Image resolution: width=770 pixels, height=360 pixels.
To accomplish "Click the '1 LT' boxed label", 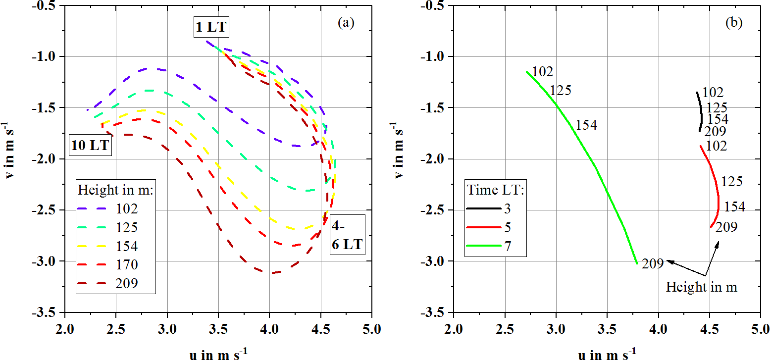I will point(211,28).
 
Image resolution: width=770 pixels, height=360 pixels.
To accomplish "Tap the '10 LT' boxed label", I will point(91,146).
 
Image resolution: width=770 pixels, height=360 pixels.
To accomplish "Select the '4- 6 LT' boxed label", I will point(347,234).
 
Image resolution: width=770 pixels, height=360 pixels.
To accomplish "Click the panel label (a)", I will point(346,23).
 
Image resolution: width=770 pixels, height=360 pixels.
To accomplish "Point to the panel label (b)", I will point(734,23).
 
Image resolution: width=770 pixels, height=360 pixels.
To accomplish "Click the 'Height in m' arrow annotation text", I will point(702,287).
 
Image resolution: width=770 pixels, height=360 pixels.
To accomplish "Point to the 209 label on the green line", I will point(652,264).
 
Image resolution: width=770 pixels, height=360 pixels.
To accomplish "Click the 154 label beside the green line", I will point(586,125).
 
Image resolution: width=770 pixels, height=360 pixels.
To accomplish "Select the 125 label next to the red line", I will point(732,182).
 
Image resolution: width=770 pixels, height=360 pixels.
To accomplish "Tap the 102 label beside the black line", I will point(713,93).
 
